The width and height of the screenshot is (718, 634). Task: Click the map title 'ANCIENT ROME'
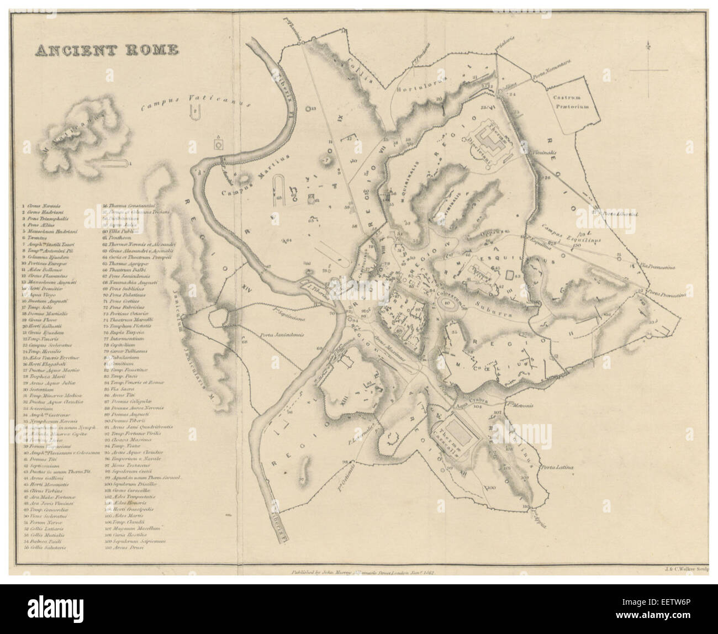107,50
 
